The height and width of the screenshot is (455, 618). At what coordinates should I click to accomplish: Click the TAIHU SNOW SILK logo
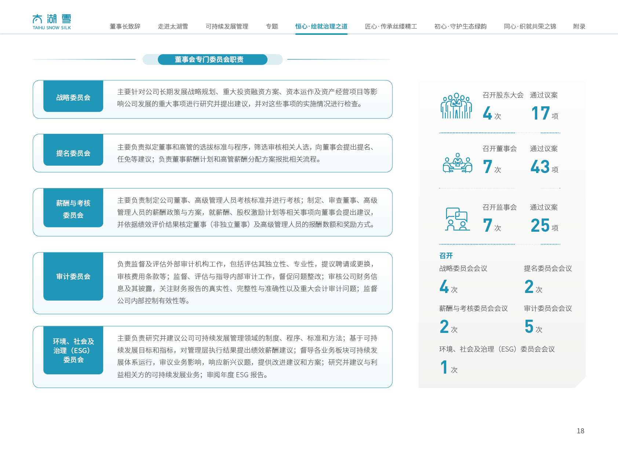tap(52, 22)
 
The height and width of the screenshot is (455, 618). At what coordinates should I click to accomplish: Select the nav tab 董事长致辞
tap(125, 26)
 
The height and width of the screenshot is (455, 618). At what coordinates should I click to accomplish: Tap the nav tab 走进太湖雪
tap(173, 26)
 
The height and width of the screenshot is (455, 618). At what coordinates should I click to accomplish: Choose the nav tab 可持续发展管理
tap(227, 26)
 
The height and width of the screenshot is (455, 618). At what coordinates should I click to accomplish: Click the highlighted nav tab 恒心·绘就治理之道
tap(321, 26)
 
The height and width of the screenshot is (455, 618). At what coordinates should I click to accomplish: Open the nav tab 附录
tap(579, 26)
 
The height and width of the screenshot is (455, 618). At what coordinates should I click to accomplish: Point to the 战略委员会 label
tap(73, 98)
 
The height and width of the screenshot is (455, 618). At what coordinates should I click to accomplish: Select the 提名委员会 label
tap(73, 153)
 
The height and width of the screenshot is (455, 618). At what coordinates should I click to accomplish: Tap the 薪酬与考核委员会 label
tap(73, 209)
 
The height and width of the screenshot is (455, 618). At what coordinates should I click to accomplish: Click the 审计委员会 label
tap(73, 276)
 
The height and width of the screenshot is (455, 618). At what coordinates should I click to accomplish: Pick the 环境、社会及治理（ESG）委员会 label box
tap(73, 351)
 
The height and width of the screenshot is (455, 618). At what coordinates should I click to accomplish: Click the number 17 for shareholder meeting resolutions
tap(541, 113)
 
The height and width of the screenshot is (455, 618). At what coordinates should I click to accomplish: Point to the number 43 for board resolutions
tap(540, 167)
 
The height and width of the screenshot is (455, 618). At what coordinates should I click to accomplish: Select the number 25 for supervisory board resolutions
tap(540, 225)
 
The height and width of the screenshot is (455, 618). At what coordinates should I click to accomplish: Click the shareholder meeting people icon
tap(456, 106)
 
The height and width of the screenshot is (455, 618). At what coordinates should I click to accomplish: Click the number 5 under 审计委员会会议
tap(529, 326)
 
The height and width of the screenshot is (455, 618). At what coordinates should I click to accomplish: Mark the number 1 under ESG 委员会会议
tap(444, 367)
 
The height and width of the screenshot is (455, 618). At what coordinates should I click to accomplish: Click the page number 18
tap(580, 431)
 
